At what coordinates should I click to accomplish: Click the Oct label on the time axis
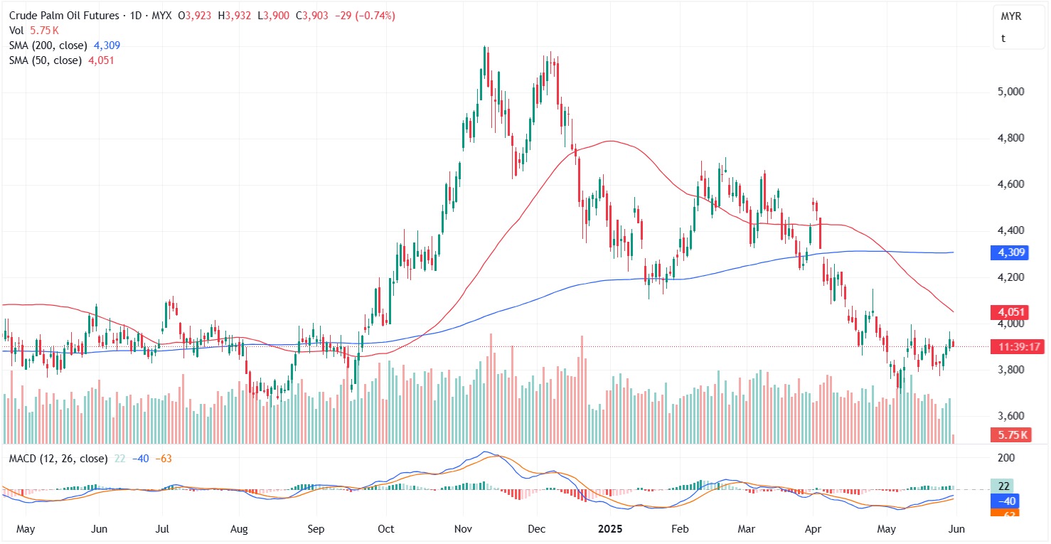click(x=385, y=529)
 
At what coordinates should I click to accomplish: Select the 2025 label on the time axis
click(x=610, y=529)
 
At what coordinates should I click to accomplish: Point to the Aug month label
click(x=239, y=529)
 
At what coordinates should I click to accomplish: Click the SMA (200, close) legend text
click(x=48, y=46)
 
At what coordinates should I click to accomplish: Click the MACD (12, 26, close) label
click(x=58, y=459)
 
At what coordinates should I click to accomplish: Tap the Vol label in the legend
click(x=17, y=31)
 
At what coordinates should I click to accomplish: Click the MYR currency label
click(x=1011, y=16)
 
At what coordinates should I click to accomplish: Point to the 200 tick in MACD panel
click(x=1006, y=459)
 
